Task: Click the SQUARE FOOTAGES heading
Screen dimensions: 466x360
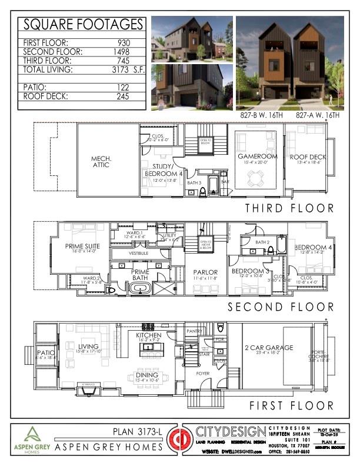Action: (x=82, y=25)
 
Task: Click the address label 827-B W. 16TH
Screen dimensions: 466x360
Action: (x=261, y=116)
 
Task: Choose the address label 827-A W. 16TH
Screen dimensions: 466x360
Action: (x=317, y=116)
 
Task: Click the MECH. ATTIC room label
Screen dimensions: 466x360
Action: (x=106, y=162)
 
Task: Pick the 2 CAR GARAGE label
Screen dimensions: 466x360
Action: (x=269, y=348)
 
